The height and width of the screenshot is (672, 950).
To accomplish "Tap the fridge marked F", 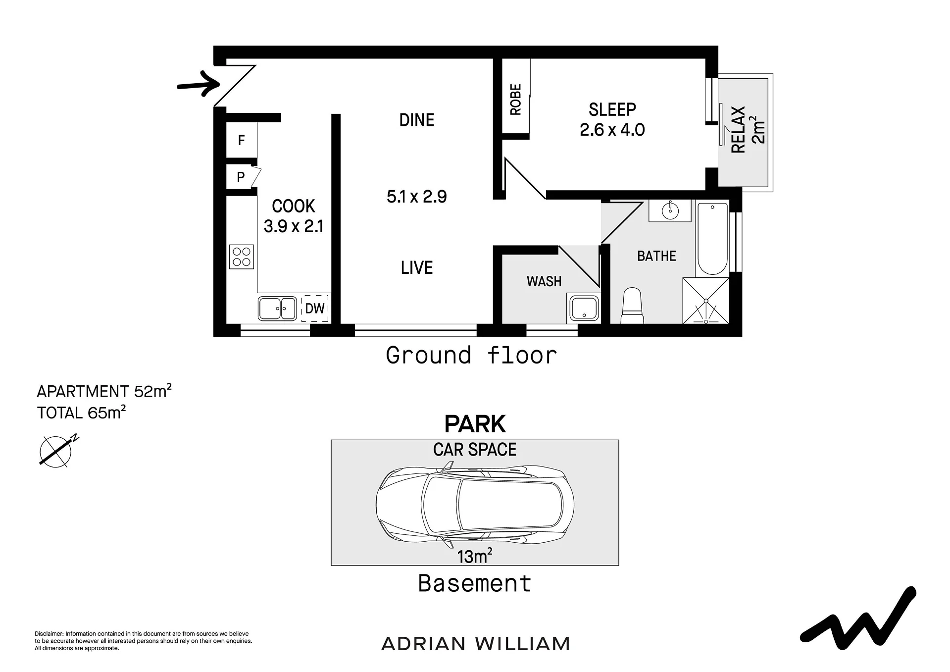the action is tap(242, 140).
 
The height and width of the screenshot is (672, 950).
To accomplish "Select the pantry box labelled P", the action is tap(241, 177).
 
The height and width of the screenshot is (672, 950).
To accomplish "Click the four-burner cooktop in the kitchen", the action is tap(242, 257).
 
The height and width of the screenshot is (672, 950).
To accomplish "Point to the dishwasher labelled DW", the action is tap(315, 309).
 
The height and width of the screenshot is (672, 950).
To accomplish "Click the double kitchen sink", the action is tap(277, 309).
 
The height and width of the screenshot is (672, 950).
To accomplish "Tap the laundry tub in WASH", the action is tap(584, 308).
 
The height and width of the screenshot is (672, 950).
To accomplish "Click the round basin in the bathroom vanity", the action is tap(670, 211).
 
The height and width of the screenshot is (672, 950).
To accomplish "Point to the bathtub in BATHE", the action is tap(712, 239).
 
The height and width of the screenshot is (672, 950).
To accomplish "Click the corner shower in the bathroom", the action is tap(706, 301).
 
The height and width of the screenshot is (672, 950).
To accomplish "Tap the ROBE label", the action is tap(516, 100).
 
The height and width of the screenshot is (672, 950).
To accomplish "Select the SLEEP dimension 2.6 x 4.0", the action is tap(612, 130).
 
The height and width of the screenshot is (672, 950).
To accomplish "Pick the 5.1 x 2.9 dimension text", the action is tap(417, 197).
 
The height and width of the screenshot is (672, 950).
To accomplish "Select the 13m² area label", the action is tap(475, 556).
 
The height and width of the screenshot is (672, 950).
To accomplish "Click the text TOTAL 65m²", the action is tap(82, 412).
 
